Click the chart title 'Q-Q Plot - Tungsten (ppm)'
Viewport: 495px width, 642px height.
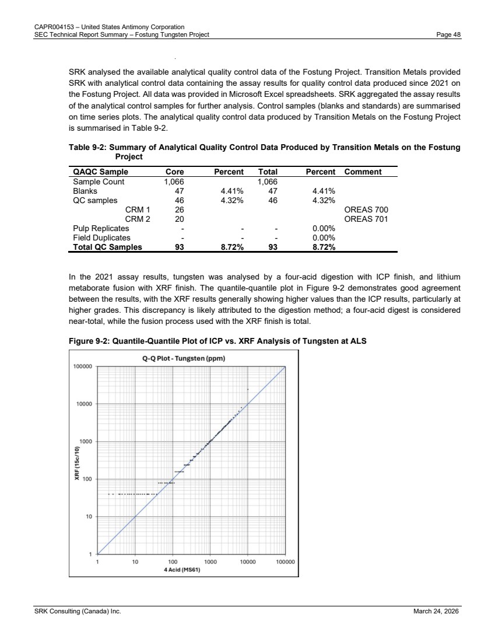coord(184,358)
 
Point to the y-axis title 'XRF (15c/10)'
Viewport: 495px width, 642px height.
coord(76,463)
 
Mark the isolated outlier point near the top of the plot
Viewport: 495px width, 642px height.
coord(248,389)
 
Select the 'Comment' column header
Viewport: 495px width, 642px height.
coord(363,172)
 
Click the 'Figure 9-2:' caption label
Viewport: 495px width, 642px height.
coord(89,341)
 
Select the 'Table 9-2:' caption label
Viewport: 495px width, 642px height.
coord(87,148)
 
